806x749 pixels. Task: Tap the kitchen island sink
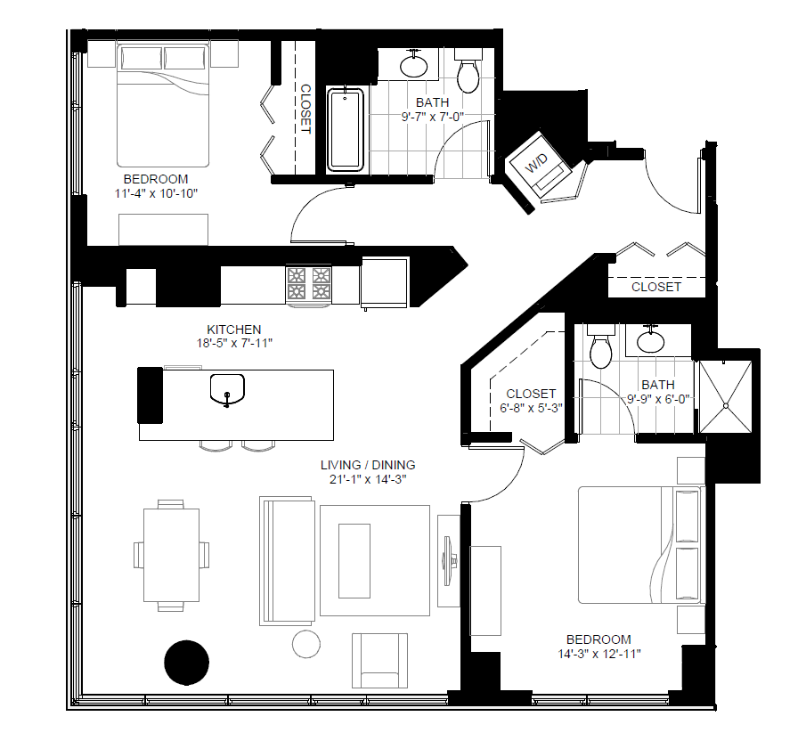tap(228, 389)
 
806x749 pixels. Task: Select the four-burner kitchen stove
tap(309, 284)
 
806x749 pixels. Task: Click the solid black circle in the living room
tap(187, 663)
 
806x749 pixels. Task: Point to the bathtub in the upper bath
tap(346, 130)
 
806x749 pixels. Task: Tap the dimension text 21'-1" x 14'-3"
tap(368, 480)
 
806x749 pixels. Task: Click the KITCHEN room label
tap(234, 329)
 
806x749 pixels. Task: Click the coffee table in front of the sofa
tap(354, 560)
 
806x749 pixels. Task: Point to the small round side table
tap(305, 643)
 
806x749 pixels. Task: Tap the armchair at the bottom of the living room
tap(380, 660)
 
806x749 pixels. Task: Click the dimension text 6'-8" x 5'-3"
tap(531, 408)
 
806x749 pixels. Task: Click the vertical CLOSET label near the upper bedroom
tap(305, 109)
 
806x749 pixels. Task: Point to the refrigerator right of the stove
tap(385, 282)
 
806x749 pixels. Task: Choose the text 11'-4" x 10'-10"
tap(157, 193)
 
